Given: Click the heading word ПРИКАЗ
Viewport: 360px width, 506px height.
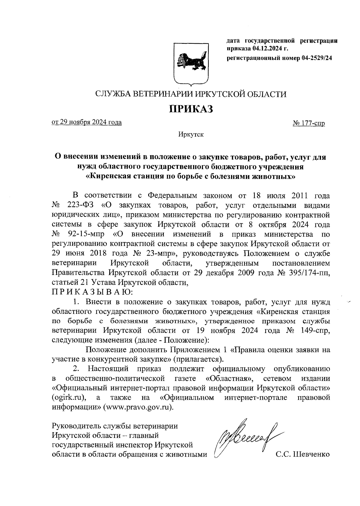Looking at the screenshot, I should coord(191,109).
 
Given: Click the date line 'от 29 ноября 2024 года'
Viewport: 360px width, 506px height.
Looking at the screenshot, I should coord(87,122).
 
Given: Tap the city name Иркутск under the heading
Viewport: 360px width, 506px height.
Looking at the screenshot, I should coord(191,134).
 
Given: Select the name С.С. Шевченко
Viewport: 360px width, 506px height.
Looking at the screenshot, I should coord(303,454).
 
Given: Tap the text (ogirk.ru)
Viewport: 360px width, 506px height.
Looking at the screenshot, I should coord(69,398).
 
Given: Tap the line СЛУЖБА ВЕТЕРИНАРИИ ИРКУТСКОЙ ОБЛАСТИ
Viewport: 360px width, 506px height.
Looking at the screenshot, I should coord(191,94).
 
